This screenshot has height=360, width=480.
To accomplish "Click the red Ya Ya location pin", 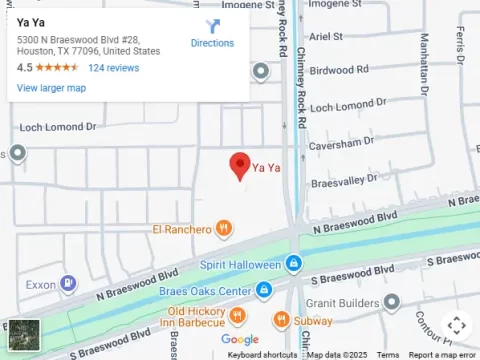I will click(x=240, y=165).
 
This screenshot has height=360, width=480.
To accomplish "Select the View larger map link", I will click(x=51, y=88).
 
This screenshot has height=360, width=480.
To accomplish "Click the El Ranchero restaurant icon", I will click(x=225, y=229).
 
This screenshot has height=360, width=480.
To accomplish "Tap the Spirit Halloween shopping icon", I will click(x=293, y=264).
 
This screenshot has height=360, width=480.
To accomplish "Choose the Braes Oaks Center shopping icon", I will click(x=264, y=291).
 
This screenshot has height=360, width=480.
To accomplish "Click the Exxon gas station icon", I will click(x=67, y=284).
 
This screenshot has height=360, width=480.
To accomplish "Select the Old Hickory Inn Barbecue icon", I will click(x=238, y=317).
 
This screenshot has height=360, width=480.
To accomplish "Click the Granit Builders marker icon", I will click(x=391, y=301).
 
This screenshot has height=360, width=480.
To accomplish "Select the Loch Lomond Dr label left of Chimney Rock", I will click(x=57, y=127).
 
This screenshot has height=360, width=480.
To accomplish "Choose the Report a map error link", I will click(x=442, y=355).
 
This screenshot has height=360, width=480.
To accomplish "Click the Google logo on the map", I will click(x=240, y=340).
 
